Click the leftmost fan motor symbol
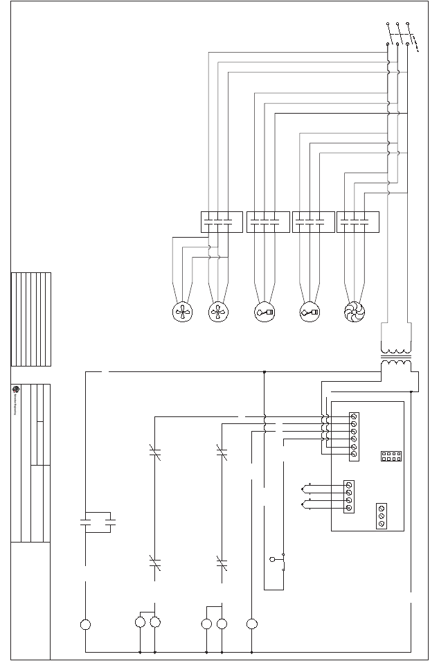coord(182,312)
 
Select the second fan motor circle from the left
coord(218,312)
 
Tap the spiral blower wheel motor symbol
coord(354,312)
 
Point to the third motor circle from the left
coord(265,312)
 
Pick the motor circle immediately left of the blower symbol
coord(310,312)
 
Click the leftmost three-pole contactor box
coord(222,222)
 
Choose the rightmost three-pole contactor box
coord(358,222)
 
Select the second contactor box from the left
coord(268,222)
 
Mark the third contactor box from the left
coord(313,222)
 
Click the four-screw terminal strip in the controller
coord(349,496)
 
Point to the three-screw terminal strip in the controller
coord(382,516)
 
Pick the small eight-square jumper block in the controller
coord(391,457)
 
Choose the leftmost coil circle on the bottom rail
coord(85,624)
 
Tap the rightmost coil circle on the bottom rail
coord(251,624)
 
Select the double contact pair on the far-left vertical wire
coord(98,522)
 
